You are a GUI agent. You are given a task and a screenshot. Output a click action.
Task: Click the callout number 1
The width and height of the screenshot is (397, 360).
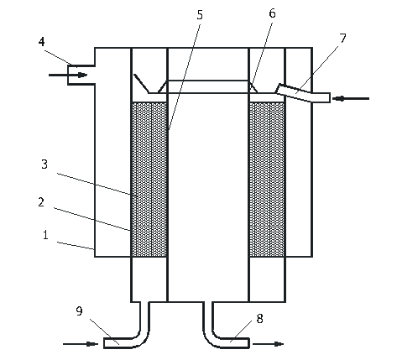45,235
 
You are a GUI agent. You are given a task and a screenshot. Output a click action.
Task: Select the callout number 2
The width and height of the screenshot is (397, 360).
41,202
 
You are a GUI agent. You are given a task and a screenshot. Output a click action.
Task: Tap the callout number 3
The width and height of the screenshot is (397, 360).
44,164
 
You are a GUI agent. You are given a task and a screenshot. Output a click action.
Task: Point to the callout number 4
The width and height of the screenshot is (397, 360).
42,42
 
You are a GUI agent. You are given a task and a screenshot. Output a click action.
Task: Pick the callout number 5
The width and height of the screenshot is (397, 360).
200,15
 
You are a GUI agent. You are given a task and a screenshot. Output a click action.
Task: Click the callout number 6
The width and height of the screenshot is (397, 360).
272,13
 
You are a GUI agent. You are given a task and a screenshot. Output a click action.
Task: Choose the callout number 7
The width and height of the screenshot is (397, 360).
343,39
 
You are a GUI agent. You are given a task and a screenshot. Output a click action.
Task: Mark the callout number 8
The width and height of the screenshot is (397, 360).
259,319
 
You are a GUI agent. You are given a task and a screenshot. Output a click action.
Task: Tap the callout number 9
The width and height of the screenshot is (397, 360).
80,311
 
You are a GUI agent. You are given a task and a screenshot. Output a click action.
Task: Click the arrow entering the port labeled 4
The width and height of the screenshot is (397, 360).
68,75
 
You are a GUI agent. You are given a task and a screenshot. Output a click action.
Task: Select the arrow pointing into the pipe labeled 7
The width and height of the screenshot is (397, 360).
351,98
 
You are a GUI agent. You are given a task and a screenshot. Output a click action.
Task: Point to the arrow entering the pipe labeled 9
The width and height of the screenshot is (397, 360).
81,344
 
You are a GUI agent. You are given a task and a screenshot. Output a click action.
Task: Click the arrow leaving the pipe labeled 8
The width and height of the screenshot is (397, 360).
269,344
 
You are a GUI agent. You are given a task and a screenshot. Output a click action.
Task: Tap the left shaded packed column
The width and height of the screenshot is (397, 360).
149,180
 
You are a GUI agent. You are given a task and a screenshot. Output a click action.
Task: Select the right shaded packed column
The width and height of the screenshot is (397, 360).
267,180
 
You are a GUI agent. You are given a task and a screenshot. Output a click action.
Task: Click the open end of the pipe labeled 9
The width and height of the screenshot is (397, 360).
104,343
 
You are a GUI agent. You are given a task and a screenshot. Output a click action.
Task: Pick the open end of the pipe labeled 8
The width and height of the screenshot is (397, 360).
248,343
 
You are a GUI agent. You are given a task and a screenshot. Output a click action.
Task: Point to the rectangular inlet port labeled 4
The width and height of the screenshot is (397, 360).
81,75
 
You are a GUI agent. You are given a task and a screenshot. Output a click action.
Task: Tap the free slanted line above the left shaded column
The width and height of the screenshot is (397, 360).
141,83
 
